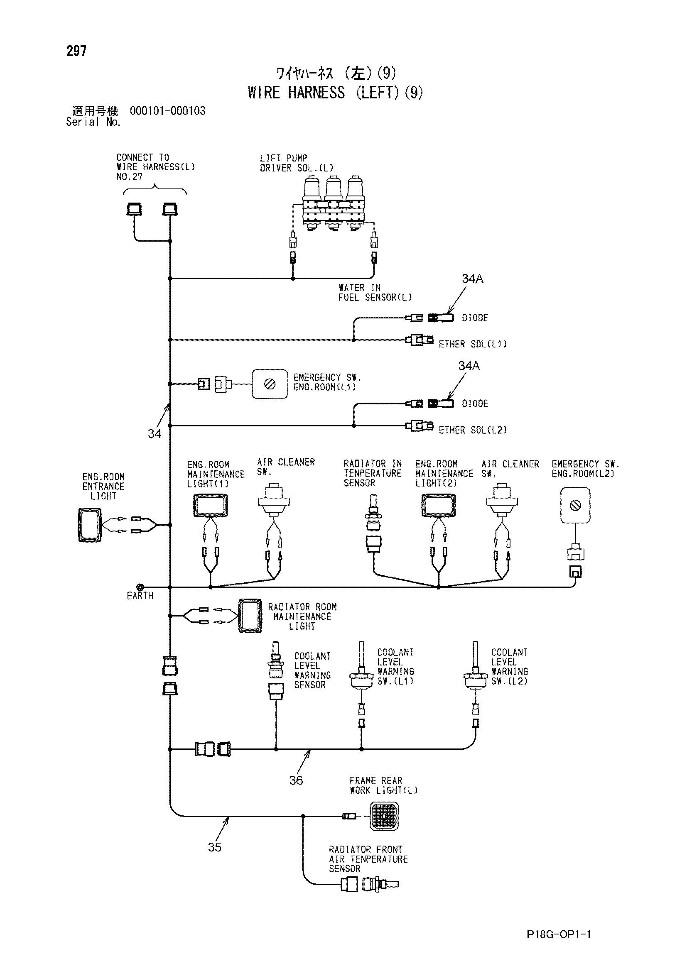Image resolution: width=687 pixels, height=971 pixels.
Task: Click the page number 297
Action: [x=76, y=51]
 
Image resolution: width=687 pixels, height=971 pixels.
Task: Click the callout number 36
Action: [x=296, y=780]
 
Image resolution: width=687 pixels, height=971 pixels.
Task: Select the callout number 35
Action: [x=214, y=847]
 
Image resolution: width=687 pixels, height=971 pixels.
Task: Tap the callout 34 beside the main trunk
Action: [x=155, y=433]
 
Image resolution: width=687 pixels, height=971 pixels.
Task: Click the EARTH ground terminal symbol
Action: [x=140, y=587]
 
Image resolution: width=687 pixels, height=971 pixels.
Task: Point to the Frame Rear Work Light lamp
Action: [x=384, y=816]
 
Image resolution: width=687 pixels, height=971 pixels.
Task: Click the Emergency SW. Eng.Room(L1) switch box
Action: [x=270, y=384]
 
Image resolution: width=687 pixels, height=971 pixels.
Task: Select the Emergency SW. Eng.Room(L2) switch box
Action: [x=575, y=505]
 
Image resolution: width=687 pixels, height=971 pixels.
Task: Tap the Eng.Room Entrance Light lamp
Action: [x=90, y=525]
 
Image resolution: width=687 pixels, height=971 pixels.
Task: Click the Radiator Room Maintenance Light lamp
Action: [x=250, y=615]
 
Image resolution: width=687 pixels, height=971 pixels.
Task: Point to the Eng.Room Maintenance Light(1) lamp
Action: [x=210, y=505]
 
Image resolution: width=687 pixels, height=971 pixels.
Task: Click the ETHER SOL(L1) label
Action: [x=473, y=344]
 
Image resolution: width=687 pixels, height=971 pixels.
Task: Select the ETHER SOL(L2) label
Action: [x=473, y=430]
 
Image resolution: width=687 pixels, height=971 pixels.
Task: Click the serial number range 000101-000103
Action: [x=167, y=111]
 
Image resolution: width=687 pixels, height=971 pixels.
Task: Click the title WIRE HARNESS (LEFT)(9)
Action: [x=336, y=92]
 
